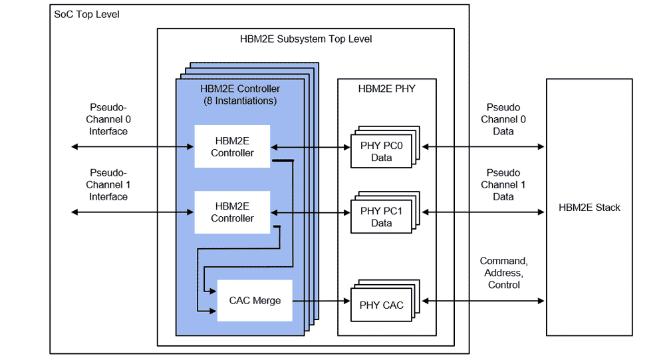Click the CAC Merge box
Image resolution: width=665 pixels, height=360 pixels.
pyautogui.click(x=255, y=301)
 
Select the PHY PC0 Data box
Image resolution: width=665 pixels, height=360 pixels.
pyautogui.click(x=381, y=152)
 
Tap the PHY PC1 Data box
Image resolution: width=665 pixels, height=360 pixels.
pyautogui.click(x=381, y=217)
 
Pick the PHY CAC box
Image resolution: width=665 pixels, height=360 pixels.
pyautogui.click(x=381, y=305)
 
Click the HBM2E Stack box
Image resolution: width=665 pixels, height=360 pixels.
pyautogui.click(x=589, y=207)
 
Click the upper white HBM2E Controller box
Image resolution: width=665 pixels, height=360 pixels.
pyautogui.click(x=232, y=146)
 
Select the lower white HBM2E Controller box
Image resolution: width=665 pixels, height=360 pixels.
pyautogui.click(x=232, y=212)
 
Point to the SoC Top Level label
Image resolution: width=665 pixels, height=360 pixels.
pyautogui.click(x=86, y=14)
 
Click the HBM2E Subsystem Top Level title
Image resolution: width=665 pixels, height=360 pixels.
pyautogui.click(x=306, y=39)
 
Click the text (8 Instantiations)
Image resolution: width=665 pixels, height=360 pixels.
pyautogui.click(x=240, y=100)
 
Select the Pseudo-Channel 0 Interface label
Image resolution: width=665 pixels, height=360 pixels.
pyautogui.click(x=109, y=119)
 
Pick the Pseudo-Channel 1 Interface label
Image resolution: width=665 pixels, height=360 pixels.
pyautogui.click(x=109, y=185)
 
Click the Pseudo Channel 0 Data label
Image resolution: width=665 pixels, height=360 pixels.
pyautogui.click(x=503, y=119)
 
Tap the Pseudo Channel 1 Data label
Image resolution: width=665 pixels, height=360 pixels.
pyautogui.click(x=503, y=185)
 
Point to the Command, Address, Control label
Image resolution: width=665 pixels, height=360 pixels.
pyautogui.click(x=503, y=273)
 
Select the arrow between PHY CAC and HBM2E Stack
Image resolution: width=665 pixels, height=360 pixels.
pyautogui.click(x=483, y=301)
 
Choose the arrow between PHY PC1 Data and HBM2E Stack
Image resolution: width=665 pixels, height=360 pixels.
pyautogui.click(x=483, y=212)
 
